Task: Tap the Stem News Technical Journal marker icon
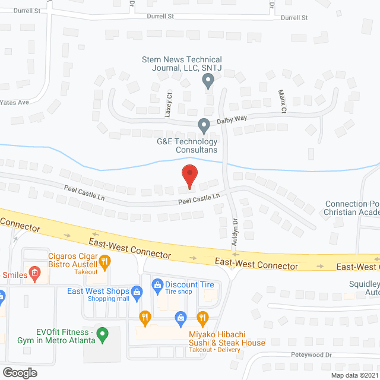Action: pos(208,83)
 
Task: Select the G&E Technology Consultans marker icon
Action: pos(204,126)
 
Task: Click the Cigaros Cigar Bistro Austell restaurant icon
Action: pos(104,260)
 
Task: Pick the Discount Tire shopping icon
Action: pos(157,285)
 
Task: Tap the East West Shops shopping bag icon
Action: pos(137,292)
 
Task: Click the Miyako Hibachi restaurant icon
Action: pos(202,318)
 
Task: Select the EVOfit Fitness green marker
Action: pos(102,335)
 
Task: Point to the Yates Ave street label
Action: pos(15,102)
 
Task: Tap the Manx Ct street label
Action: pos(283,102)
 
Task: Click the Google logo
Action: pos(20,372)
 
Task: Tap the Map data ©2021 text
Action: pos(354,375)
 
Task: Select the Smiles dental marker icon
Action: pos(35,274)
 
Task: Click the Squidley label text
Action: pos(364,283)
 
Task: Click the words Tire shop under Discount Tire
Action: pos(178,292)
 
